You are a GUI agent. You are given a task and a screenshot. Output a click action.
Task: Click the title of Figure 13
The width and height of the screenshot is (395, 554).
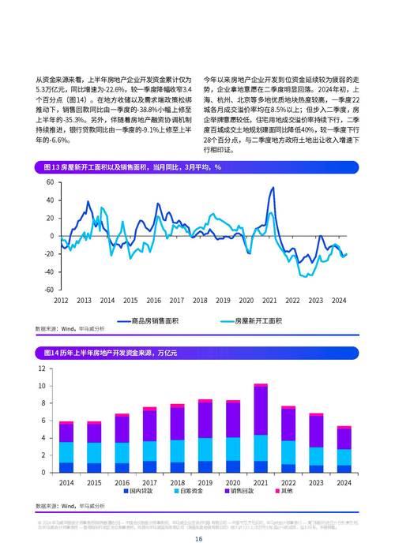point(127,167)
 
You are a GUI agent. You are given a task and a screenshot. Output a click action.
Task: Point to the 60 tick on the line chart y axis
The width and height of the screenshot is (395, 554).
point(50,182)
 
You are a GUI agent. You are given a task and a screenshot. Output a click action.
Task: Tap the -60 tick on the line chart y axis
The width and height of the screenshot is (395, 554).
point(48,290)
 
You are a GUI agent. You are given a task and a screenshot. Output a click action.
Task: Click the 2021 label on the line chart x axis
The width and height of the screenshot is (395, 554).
point(269,301)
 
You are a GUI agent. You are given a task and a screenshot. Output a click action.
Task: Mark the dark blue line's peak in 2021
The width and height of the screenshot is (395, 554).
point(273,188)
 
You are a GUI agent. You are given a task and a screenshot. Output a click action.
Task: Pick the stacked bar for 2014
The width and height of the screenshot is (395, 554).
point(66,447)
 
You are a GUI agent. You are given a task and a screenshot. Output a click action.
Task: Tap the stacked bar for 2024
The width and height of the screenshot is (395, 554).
point(344,450)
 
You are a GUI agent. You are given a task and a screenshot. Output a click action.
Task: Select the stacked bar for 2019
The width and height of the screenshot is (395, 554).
point(205,436)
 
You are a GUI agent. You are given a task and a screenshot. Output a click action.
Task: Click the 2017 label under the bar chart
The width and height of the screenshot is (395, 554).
point(149,482)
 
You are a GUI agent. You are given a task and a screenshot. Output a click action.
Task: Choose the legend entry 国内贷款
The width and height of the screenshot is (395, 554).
point(142,492)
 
